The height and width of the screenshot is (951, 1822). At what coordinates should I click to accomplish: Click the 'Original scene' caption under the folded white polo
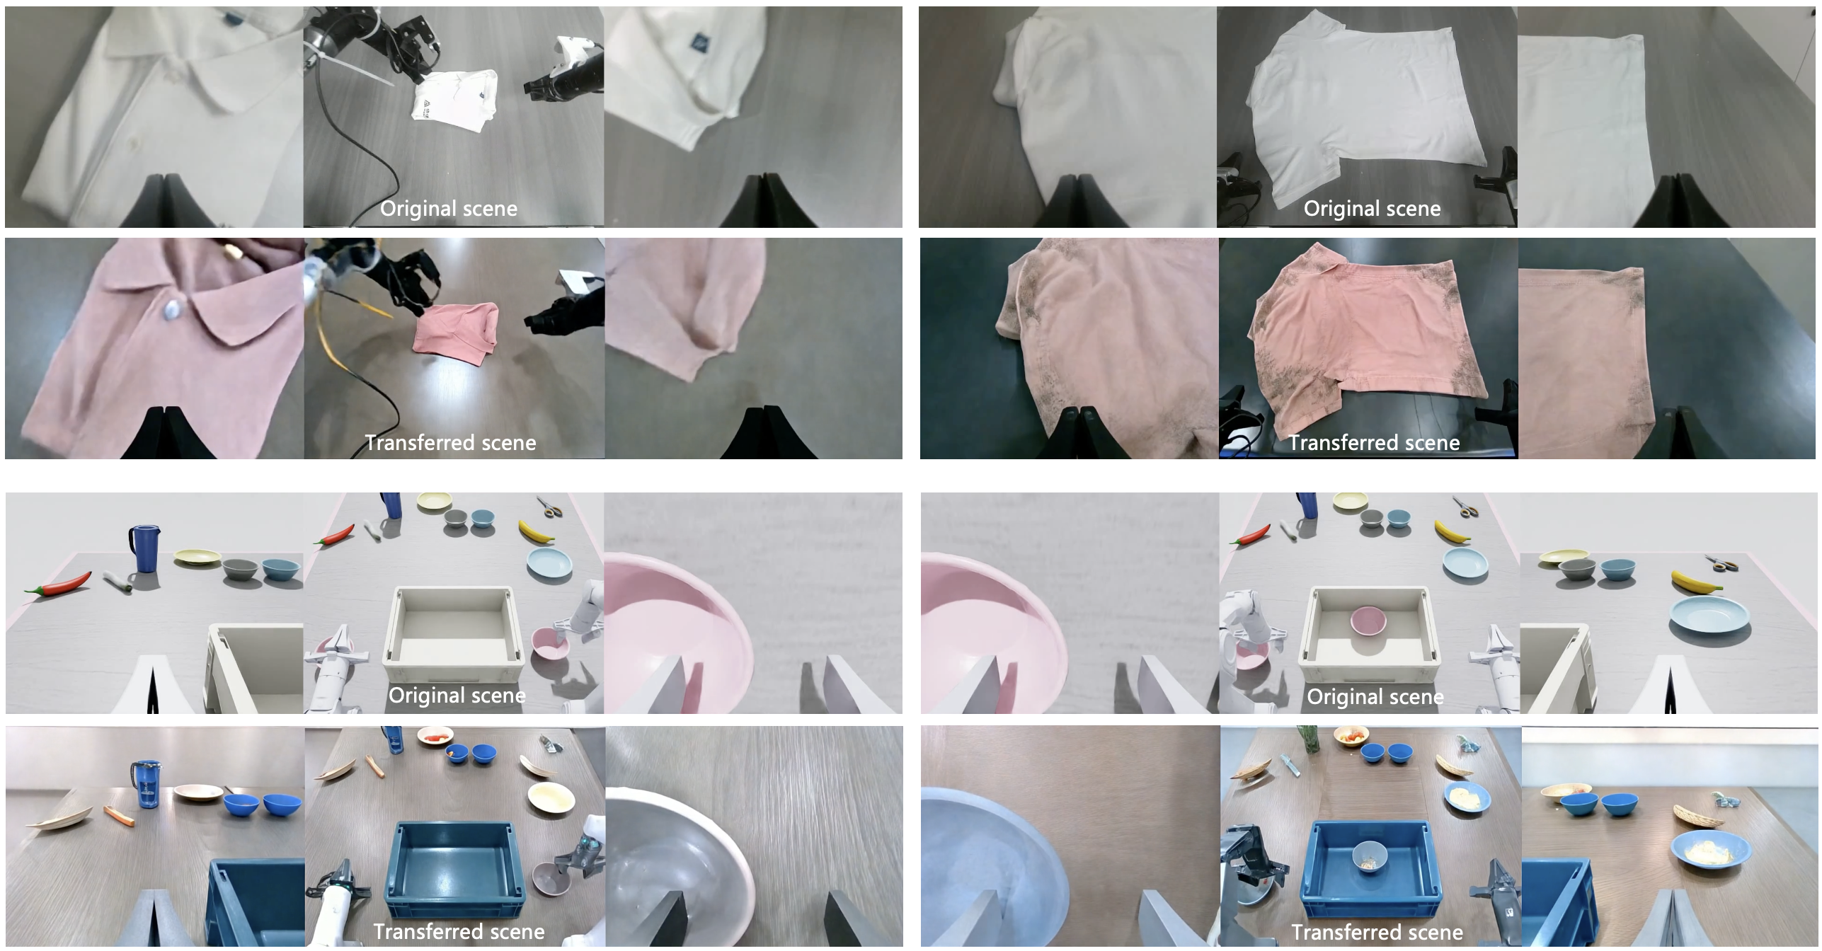449,208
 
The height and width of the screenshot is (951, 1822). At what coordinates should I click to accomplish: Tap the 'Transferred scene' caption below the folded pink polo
450,442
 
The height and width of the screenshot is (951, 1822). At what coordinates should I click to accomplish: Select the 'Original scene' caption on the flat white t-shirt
1372,208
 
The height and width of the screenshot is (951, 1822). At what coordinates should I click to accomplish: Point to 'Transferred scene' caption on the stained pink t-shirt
1374,442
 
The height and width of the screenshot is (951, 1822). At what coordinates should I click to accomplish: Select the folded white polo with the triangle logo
453,99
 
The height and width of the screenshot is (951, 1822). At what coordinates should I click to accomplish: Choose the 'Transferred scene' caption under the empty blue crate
459,931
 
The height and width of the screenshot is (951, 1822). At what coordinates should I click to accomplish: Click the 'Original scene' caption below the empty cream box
457,695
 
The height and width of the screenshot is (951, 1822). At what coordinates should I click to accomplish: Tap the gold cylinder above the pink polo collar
231,250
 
